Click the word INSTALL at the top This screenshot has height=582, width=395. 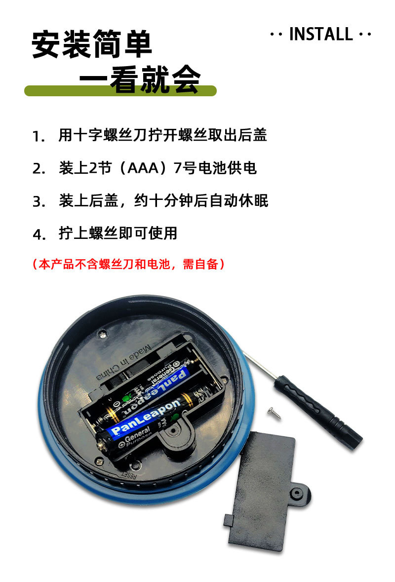[x=320, y=34]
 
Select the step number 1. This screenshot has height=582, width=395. [x=38, y=136]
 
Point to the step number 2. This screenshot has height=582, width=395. [x=39, y=169]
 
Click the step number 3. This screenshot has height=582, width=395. [x=39, y=202]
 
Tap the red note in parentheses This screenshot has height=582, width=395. [x=129, y=264]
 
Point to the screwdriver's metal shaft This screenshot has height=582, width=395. [x=259, y=366]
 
